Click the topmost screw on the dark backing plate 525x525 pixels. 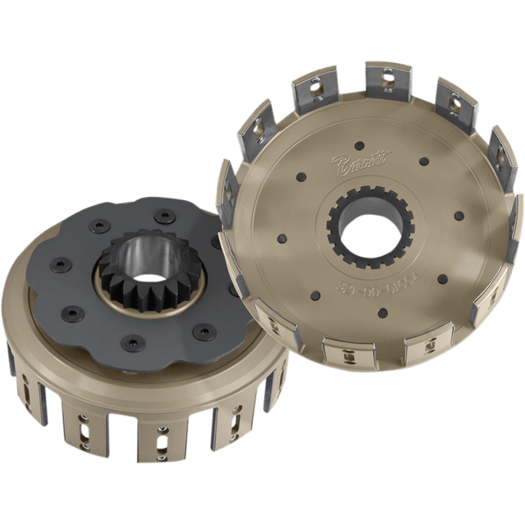pyautogui.click(x=166, y=216)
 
